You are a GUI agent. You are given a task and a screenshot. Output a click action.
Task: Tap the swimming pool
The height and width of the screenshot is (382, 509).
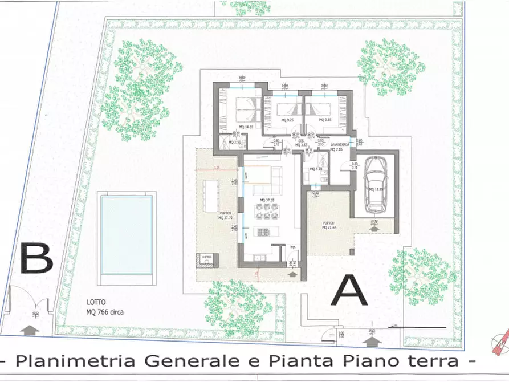click(x=127, y=234)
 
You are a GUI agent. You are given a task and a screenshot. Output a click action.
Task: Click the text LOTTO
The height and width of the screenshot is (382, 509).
click(x=96, y=303)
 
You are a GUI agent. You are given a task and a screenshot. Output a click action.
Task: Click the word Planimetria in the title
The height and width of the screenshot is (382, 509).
click(x=60, y=361)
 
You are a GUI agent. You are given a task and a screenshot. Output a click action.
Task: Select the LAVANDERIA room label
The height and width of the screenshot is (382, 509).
click(x=340, y=145)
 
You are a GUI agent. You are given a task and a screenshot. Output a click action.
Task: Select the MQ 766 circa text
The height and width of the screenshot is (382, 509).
click(x=104, y=312)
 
